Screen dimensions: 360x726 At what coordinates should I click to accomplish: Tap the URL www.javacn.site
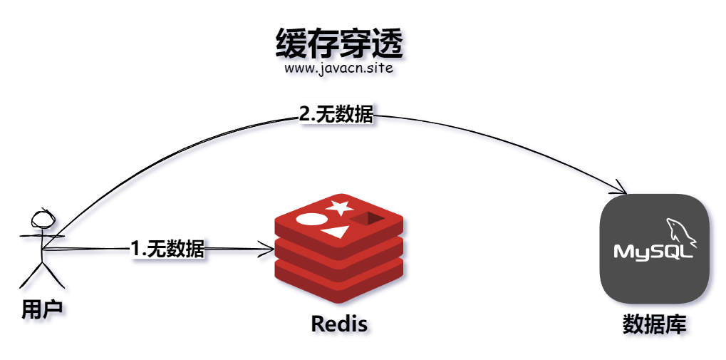coord(338,70)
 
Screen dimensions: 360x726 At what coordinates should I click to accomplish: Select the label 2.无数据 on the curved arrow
coord(336,114)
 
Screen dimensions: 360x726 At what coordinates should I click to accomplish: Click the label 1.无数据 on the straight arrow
coord(168,249)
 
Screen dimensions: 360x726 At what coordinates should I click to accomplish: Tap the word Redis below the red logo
coord(339,324)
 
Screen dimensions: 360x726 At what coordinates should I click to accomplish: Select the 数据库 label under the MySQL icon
coord(654,325)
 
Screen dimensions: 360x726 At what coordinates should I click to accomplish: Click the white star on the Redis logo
coord(339,207)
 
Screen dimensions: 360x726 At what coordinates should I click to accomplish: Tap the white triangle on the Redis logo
coord(334,232)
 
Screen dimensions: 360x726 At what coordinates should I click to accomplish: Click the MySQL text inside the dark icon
coord(654,252)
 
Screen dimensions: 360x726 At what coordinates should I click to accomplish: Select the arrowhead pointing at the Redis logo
coord(269,249)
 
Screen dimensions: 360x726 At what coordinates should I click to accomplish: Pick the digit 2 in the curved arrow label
coord(304,114)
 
